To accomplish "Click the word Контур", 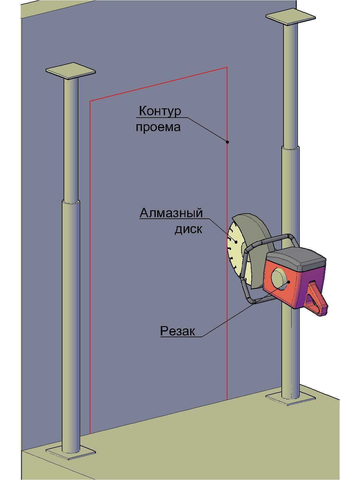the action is click(160, 111).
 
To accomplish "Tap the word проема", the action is click(158, 127).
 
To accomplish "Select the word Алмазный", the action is click(171, 213).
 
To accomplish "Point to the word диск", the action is click(188, 229).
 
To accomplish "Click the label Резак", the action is click(178, 331).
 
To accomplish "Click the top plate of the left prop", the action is click(70, 71).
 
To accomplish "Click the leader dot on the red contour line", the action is click(227, 142).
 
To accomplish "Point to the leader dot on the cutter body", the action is click(289, 282).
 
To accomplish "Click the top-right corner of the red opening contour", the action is click(227, 67).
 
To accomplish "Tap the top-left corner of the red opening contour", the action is click(90, 101).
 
